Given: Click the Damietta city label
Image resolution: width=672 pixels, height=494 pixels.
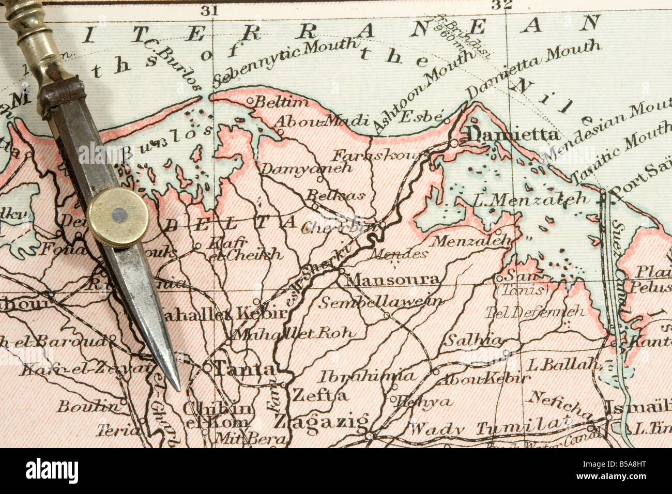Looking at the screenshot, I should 513,134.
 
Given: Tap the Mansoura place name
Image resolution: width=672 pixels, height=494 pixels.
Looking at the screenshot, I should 393,280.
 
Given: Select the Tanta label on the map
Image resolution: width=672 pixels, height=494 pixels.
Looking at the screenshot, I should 245,369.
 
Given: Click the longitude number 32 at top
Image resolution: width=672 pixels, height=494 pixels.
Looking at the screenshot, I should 501,6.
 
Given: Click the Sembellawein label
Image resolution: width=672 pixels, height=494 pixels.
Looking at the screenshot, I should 380,302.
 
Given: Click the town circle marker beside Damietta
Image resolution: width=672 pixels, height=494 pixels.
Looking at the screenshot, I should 453,142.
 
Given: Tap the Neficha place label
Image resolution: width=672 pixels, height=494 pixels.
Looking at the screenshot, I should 559,405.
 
